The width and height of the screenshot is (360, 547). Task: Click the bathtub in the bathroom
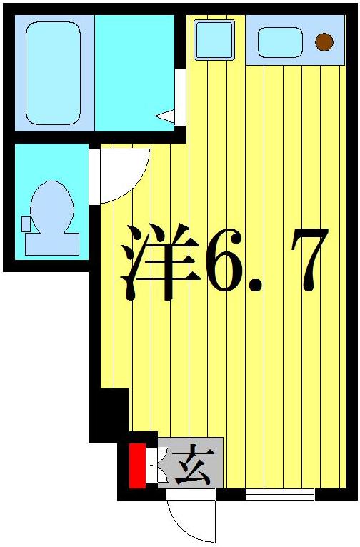pyautogui.click(x=53, y=73)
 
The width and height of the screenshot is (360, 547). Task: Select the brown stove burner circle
pyautogui.click(x=324, y=42)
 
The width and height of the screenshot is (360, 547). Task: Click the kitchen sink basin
pyautogui.click(x=280, y=42)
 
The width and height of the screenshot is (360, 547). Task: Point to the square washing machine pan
pyautogui.click(x=214, y=40)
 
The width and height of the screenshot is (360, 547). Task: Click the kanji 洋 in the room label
pyautogui.click(x=159, y=262)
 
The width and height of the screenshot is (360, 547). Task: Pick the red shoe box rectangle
pyautogui.click(x=137, y=466)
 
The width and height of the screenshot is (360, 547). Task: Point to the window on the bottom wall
pyautogui.click(x=280, y=493)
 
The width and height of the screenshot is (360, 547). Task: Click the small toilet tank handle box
pyautogui.click(x=26, y=224)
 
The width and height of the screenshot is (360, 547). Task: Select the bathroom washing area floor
pyautogui.click(x=134, y=71)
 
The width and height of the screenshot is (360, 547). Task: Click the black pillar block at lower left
pyautogui.click(x=111, y=414)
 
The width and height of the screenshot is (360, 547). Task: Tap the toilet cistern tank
pyautogui.click(x=51, y=244)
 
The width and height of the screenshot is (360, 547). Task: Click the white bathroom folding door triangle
pyautogui.click(x=165, y=115)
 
